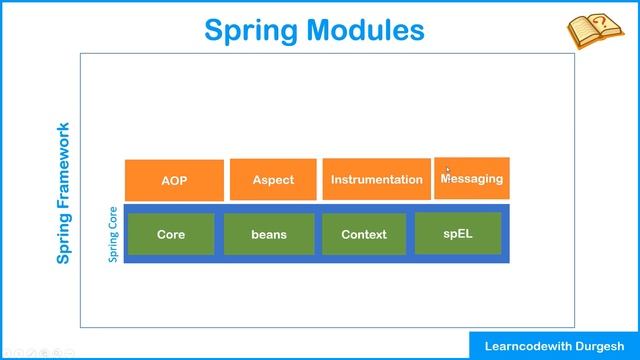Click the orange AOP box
click(174, 180)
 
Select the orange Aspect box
click(273, 180)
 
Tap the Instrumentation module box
click(376, 180)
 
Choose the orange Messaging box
click(472, 178)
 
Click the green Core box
click(171, 234)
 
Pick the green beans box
click(268, 234)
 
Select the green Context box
click(364, 234)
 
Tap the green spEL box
click(457, 233)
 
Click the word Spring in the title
click(253, 30)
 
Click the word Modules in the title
click(368, 30)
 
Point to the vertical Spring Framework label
click(64, 193)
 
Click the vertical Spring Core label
click(114, 235)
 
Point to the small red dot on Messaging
click(447, 170)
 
